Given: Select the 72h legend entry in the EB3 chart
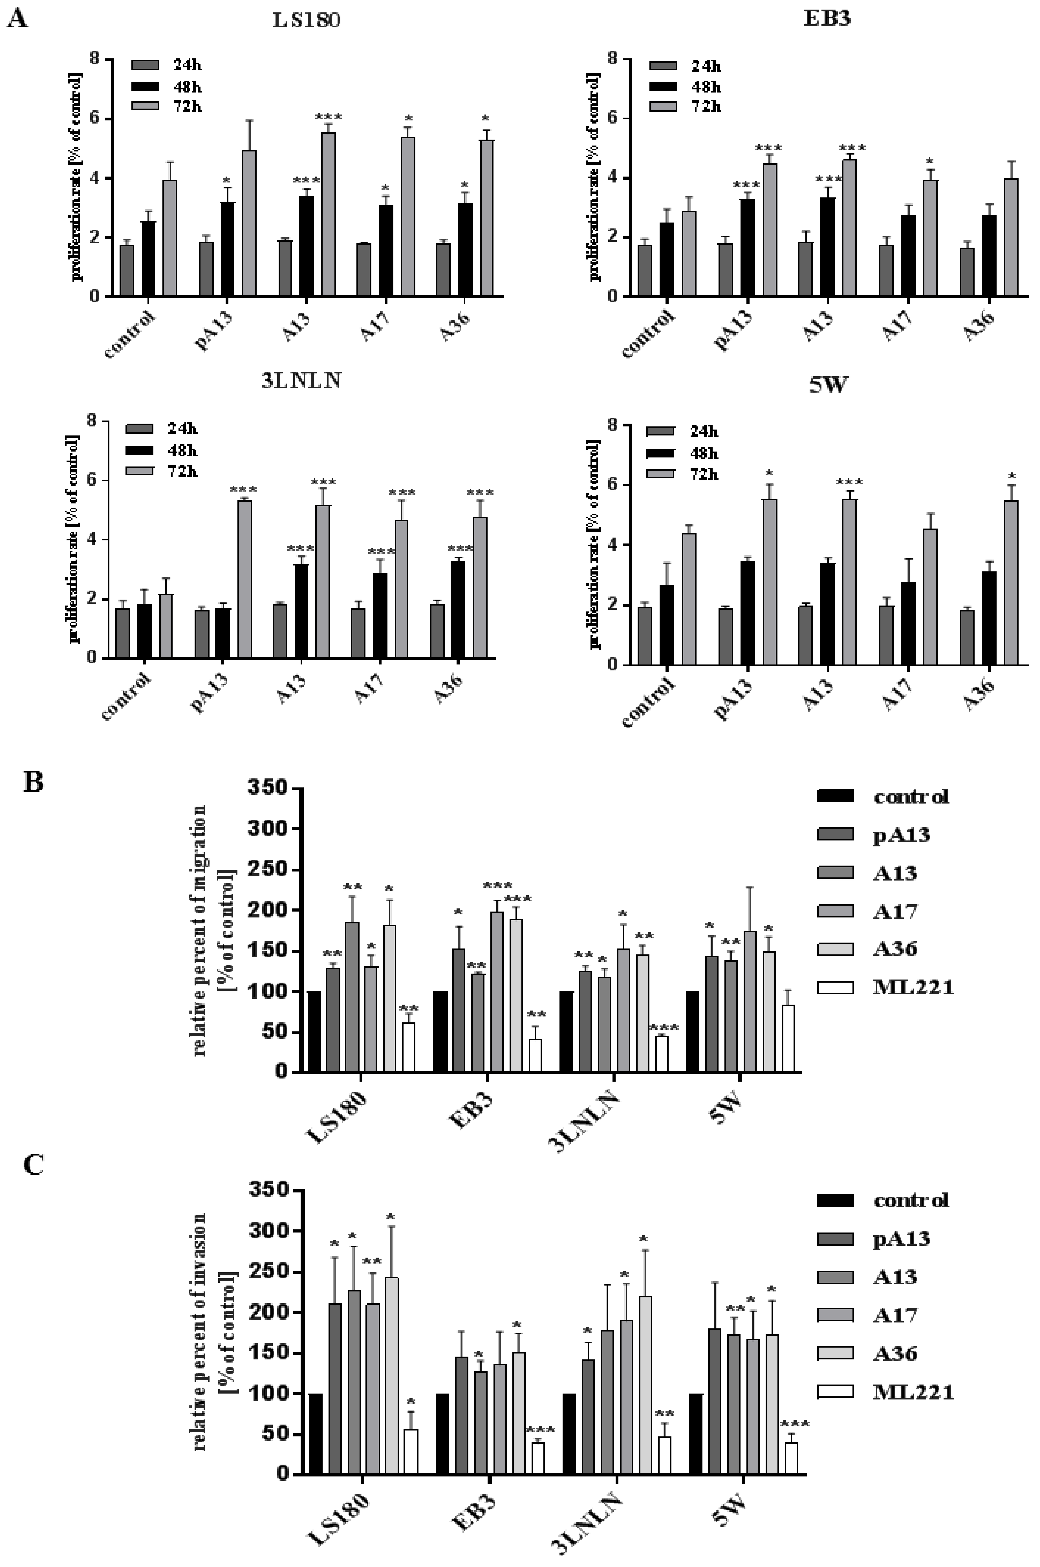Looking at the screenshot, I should pyautogui.click(x=686, y=106).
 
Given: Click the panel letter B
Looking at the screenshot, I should pyautogui.click(x=33, y=782).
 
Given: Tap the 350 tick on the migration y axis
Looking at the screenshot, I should pyautogui.click(x=267, y=788).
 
